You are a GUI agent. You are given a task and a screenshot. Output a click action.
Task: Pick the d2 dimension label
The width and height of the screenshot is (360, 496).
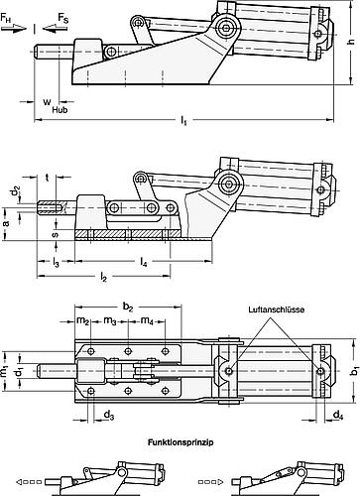tap(14, 188)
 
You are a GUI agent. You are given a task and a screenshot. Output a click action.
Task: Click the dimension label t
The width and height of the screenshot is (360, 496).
tap(49, 179)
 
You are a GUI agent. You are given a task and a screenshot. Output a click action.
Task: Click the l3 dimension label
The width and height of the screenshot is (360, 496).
tap(58, 262)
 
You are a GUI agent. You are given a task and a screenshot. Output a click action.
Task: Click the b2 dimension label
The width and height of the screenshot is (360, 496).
tap(127, 309)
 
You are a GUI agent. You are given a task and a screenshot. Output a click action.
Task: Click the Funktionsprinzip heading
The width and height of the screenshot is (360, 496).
tap(179, 443)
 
